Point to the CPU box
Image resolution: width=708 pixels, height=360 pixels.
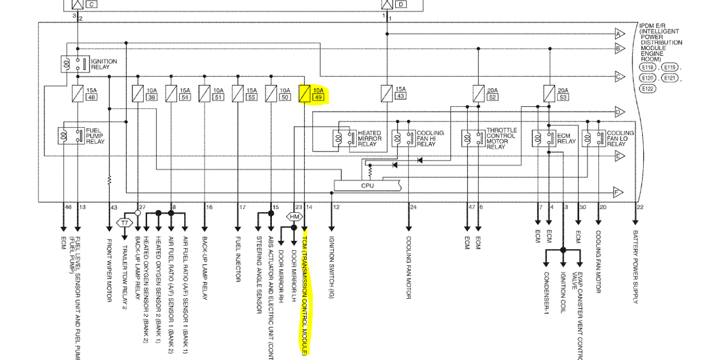point(367,185)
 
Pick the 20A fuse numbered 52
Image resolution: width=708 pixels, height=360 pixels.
point(479,93)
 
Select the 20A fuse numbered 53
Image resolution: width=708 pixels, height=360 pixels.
point(549,93)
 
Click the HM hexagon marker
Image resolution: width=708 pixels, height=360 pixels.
point(295,217)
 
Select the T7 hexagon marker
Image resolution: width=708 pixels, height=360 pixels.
point(125,222)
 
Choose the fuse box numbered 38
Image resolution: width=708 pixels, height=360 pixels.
point(151,97)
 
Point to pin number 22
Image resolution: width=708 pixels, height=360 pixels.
point(641,207)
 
